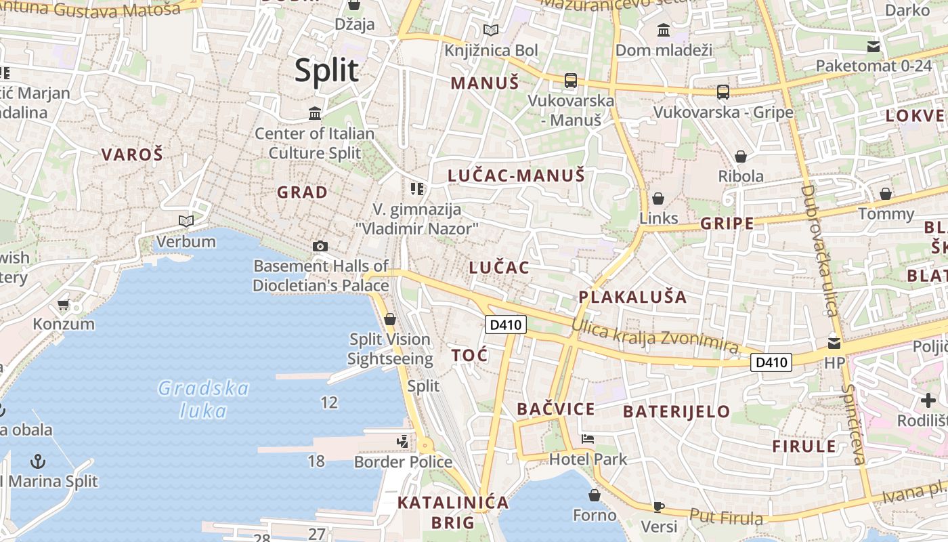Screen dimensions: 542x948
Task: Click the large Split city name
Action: point(326,70)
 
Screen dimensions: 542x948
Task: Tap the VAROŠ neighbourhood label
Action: point(132,154)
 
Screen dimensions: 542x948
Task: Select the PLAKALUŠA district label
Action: point(632,297)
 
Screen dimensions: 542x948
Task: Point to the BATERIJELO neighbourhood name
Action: point(676,411)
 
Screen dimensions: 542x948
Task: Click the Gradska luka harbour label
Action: point(203,399)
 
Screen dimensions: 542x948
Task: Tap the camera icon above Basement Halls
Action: point(320,246)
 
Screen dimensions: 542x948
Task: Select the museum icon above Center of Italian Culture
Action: point(315,113)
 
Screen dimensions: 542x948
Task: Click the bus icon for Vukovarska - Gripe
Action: point(723,91)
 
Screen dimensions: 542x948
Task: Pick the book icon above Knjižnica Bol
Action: point(491,30)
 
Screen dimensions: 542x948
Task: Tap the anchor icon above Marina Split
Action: point(39,462)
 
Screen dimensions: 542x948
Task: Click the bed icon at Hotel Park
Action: point(588,439)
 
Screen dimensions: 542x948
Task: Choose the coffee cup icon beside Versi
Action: point(658,507)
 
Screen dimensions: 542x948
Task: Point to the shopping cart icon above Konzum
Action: point(64,304)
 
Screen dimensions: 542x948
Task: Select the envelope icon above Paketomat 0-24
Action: point(874,46)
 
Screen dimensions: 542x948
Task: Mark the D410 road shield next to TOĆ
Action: point(506,325)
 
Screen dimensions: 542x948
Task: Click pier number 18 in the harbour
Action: point(316,461)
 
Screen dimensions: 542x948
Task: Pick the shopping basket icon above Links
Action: point(658,199)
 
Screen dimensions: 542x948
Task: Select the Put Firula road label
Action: point(726,517)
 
